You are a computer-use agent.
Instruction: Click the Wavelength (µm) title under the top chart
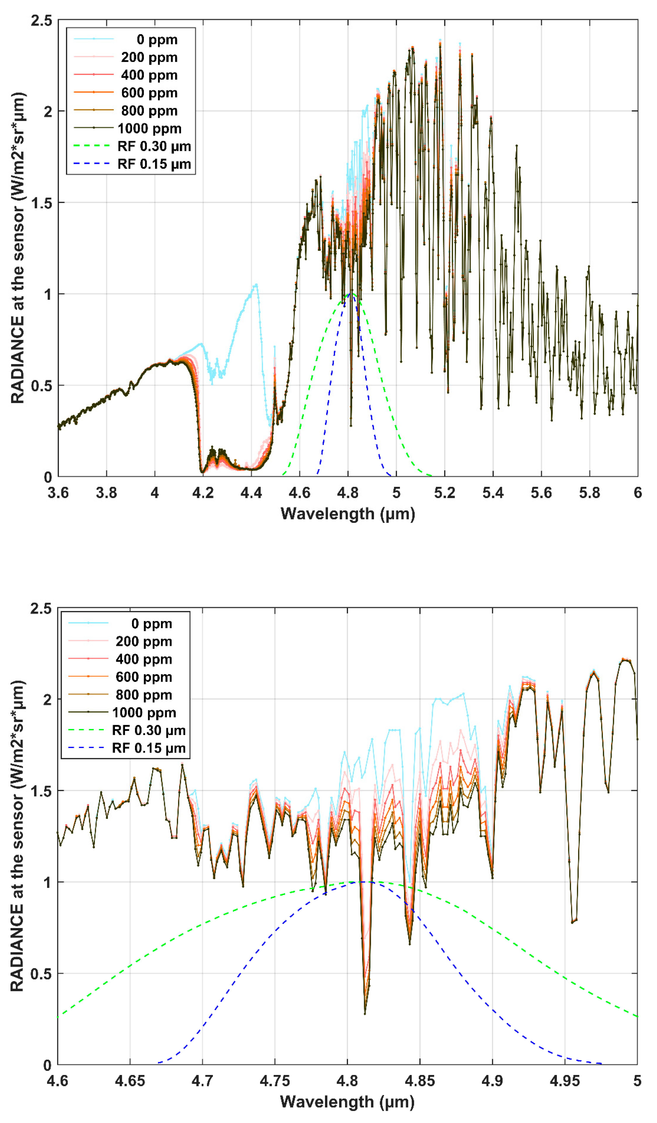click(x=348, y=514)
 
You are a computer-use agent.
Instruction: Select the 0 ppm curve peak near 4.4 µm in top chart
click(x=256, y=284)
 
